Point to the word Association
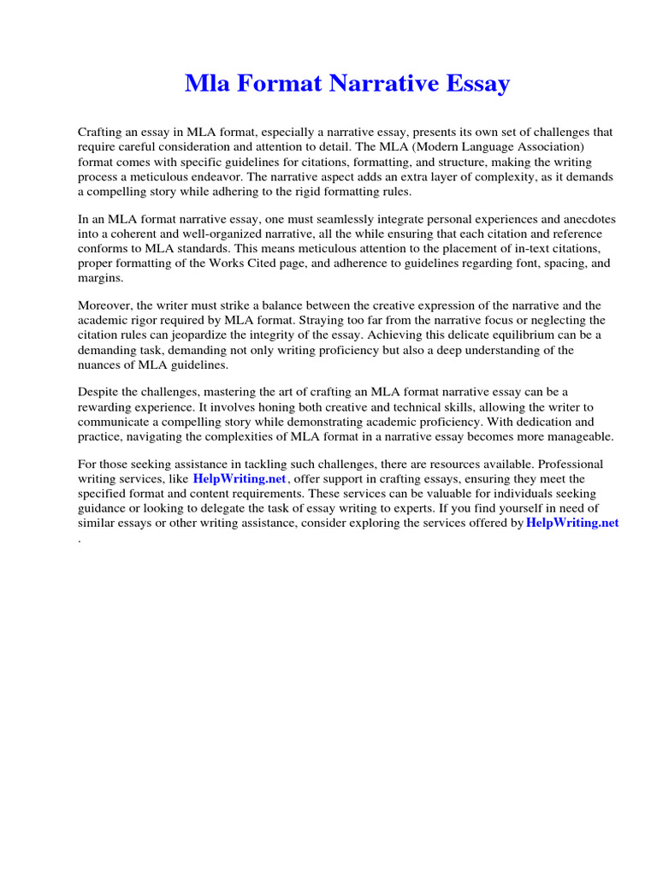(x=542, y=146)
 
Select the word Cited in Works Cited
(x=315, y=263)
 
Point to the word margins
(x=99, y=278)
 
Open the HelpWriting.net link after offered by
(x=572, y=523)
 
